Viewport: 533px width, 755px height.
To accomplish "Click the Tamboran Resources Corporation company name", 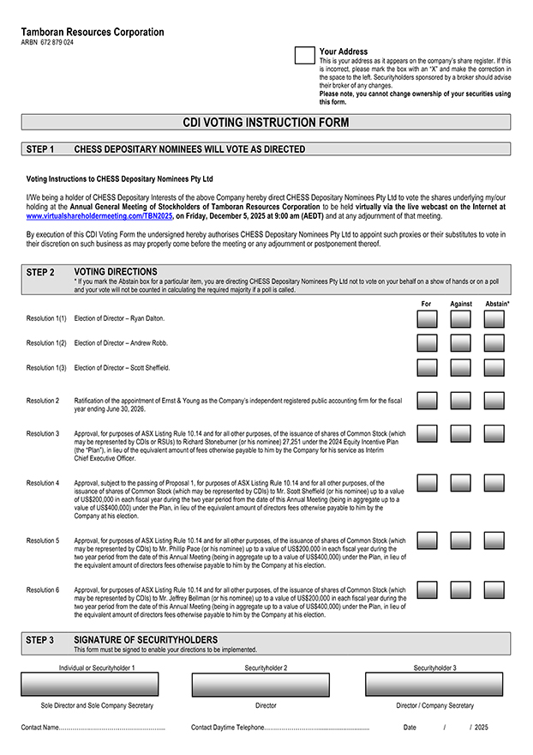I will [93, 32].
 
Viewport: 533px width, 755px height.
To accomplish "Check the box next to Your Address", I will [304, 56].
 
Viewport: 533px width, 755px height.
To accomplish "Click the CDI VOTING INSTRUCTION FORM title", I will [266, 123].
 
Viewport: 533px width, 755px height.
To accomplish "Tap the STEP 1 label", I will [40, 149].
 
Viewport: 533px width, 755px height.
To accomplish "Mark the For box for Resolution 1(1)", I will [427, 318].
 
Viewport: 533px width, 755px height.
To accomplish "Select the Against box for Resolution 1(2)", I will [460, 343].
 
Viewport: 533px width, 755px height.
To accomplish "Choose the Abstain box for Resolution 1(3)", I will [494, 367].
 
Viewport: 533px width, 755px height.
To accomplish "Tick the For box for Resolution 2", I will [427, 401].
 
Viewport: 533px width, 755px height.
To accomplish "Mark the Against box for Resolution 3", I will [460, 434].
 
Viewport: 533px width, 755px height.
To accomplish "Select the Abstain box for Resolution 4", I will [494, 483].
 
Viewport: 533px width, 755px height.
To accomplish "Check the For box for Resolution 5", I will [427, 541].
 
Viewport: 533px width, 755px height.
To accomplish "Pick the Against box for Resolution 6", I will [460, 590].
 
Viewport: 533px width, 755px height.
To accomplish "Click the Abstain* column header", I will [497, 304].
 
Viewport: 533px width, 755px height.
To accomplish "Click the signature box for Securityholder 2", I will [266, 684].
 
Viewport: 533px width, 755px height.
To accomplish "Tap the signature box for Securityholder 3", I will [434, 684].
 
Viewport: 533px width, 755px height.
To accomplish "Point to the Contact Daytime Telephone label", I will [227, 728].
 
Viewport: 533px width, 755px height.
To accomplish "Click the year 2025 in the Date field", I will [481, 728].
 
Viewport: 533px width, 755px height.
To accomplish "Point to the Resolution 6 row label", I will [43, 590].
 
